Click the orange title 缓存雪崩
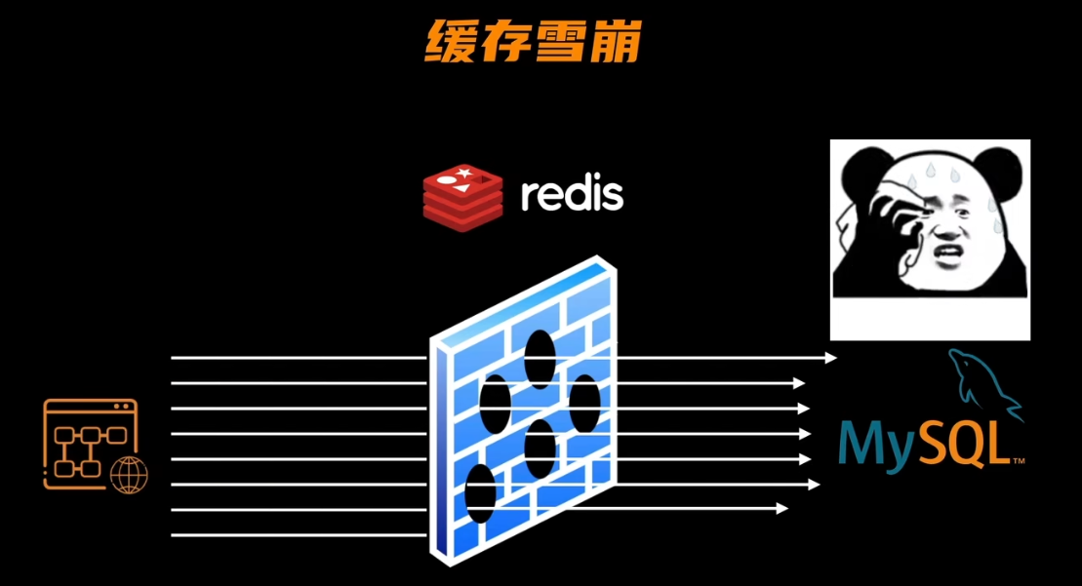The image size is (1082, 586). coord(533,41)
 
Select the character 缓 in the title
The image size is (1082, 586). coord(451,41)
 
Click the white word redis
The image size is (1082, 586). coord(572,193)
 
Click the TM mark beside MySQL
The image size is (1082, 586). coord(1018,460)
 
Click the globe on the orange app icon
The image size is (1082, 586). coord(129,476)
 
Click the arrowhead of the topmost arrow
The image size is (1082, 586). coord(831,358)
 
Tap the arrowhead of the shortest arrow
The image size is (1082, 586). coord(781,509)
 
